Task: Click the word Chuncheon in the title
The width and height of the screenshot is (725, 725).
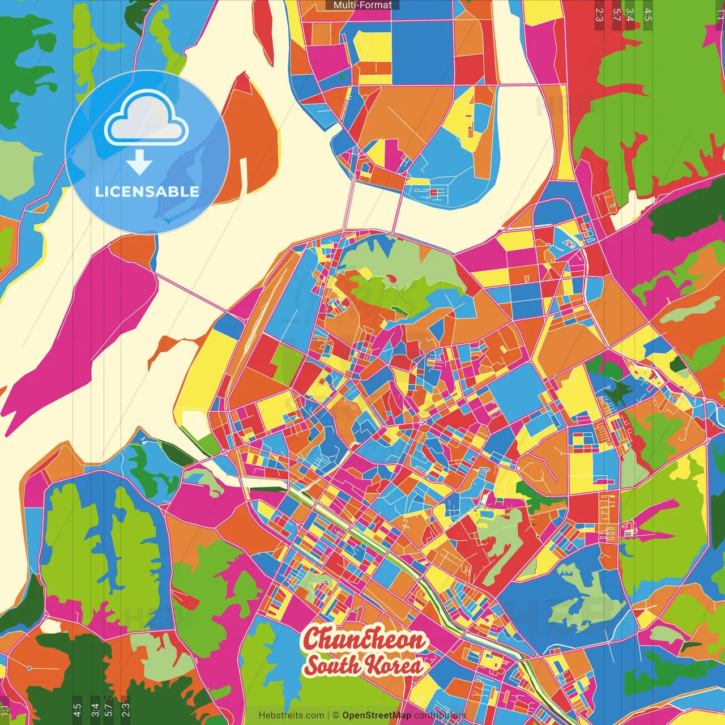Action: pos(363,639)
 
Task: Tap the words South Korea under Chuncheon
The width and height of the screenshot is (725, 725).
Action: pos(363,664)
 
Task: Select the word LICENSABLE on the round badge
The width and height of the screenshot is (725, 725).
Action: pos(147,191)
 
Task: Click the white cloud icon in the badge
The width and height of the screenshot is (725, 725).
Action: pos(147,120)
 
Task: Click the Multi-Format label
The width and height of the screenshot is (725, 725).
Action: pos(362,5)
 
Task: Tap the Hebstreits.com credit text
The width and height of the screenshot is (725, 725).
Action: pos(291,715)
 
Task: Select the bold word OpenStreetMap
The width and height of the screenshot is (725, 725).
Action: pos(377,715)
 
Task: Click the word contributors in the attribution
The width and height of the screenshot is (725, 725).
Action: pos(440,715)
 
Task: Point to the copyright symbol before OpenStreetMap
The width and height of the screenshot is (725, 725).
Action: pos(336,715)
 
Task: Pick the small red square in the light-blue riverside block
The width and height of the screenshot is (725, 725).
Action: pos(434,193)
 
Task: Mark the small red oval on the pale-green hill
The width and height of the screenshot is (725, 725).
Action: pos(390,278)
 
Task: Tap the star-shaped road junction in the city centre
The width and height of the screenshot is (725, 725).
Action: pos(422,422)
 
